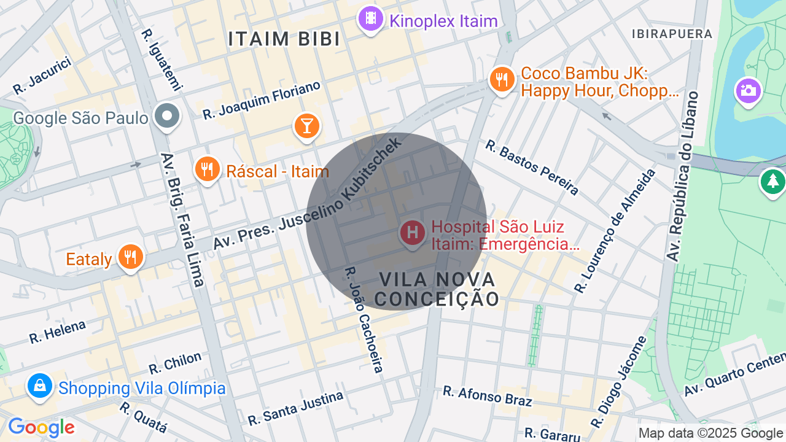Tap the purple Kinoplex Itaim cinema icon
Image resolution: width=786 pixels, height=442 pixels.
click(370, 18)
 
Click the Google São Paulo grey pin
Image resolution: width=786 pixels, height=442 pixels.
click(166, 115)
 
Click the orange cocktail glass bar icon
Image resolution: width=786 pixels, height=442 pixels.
click(306, 126)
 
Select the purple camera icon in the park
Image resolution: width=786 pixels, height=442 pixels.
click(748, 91)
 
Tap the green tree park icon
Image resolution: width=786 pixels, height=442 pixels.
click(772, 182)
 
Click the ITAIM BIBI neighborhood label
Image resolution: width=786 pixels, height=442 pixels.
click(284, 39)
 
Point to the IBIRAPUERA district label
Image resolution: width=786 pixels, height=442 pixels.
click(672, 34)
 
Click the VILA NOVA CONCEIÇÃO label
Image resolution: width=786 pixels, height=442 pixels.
click(437, 289)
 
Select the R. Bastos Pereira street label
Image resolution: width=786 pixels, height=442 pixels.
click(532, 167)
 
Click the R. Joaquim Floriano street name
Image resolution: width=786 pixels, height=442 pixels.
click(262, 100)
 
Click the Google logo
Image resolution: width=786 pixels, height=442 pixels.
click(41, 428)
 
